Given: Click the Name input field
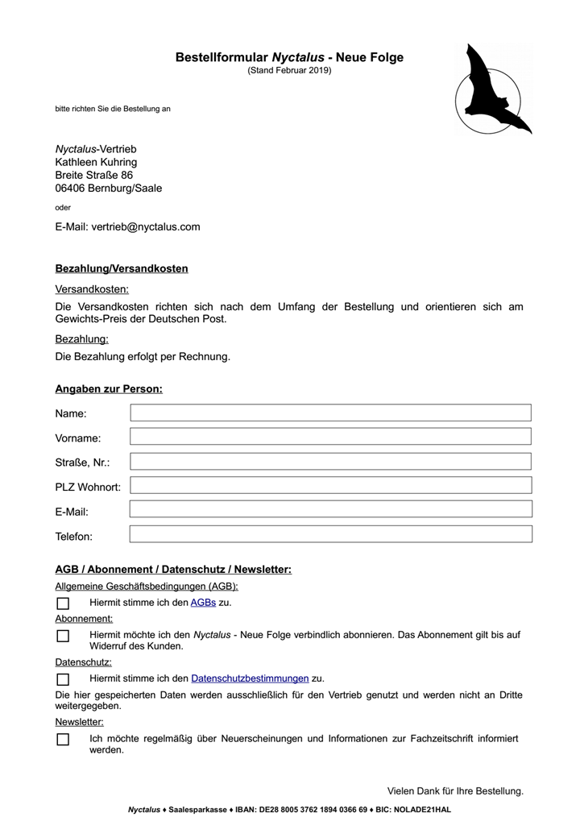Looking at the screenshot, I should (x=330, y=413).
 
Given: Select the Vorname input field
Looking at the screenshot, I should (x=330, y=437).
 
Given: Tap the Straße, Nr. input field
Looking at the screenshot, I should (x=330, y=462).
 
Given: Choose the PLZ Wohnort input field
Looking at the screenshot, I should (x=330, y=485).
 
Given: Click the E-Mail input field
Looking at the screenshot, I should (x=330, y=509).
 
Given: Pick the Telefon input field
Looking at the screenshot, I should (x=330, y=534).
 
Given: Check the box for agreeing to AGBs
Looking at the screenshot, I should (x=63, y=603).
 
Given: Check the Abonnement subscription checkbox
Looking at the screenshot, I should (x=63, y=636).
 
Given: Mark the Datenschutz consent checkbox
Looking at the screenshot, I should (x=63, y=679).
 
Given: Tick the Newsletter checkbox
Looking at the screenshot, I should (x=63, y=740).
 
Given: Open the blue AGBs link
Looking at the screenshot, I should (x=203, y=602).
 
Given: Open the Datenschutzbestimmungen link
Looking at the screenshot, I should (x=250, y=678).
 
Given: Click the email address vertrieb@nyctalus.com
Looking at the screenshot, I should (x=146, y=227).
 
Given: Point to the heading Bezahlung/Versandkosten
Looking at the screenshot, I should (x=122, y=268).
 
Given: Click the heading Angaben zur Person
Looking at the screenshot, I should (x=109, y=388).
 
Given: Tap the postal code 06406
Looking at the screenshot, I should (x=70, y=188).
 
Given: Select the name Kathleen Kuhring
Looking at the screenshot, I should (x=96, y=162).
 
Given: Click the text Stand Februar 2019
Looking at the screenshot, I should (x=289, y=71).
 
